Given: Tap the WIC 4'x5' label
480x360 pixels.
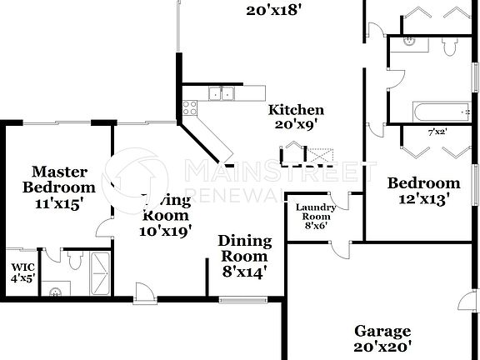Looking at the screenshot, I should [20, 273].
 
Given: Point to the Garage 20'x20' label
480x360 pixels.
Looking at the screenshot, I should [382, 337].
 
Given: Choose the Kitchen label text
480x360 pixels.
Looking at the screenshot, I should [296, 117].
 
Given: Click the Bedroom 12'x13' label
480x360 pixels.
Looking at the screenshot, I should [423, 191].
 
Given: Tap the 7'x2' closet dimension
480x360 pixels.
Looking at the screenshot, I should [437, 132].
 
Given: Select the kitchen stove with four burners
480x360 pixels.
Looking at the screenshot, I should [190, 107].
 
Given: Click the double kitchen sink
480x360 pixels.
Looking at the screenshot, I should [222, 94].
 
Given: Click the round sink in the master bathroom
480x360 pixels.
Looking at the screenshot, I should [54, 292].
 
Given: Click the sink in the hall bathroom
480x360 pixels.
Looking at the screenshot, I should [407, 41].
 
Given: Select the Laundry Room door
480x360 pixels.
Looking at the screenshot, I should [355, 202].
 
